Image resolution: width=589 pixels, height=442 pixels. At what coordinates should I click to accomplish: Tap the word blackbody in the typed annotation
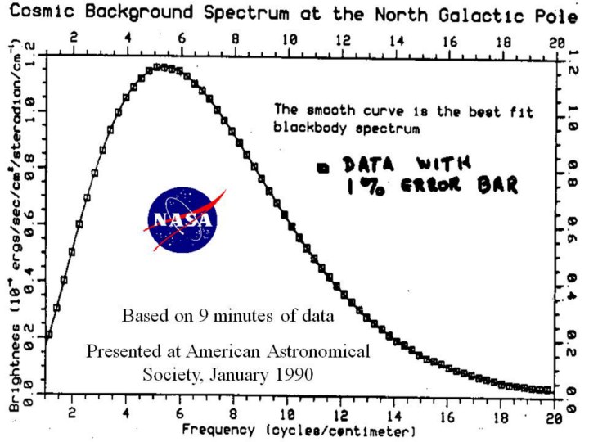304,129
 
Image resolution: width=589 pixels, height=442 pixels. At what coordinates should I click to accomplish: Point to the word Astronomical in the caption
317,351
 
